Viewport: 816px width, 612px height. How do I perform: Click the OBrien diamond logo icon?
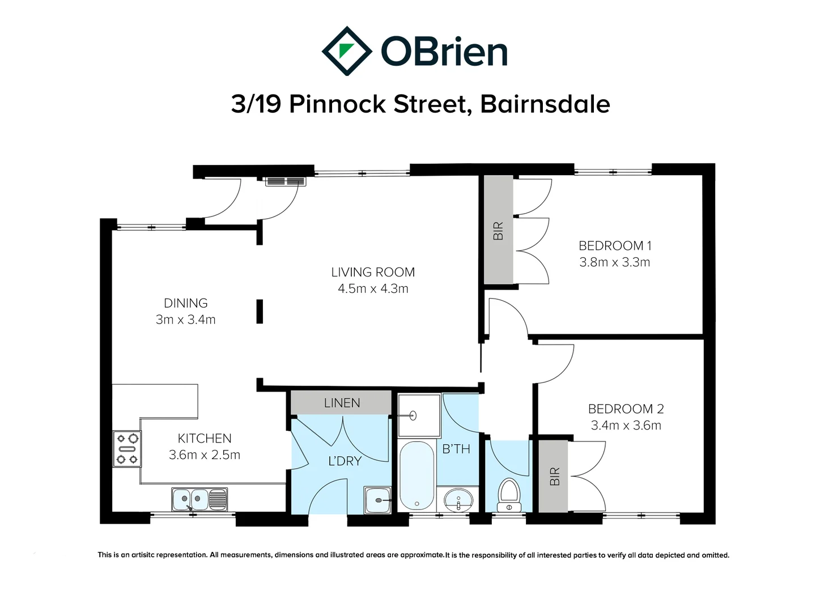[347, 51]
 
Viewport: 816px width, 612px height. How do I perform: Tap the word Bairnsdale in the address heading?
[545, 104]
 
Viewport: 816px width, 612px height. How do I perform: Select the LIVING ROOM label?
[373, 273]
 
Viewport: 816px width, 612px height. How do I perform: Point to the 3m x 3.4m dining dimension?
[186, 320]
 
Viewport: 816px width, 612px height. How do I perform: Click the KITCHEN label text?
[205, 439]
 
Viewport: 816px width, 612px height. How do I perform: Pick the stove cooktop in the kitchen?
[127, 449]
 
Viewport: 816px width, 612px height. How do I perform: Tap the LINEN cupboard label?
[342, 403]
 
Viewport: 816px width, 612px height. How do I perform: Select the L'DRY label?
[345, 461]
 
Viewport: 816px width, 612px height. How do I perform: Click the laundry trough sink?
[377, 500]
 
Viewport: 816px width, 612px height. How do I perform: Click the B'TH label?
[456, 449]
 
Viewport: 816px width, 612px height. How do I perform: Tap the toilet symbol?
[509, 495]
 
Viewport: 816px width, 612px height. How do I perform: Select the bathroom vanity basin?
[458, 500]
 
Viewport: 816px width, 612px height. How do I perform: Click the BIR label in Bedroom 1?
[498, 231]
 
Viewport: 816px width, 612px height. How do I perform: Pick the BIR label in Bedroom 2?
[554, 477]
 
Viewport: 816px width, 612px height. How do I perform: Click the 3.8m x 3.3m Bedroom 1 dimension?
[615, 262]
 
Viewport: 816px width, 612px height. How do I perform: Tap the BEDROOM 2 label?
[626, 409]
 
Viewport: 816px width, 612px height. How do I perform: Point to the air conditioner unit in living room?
[286, 181]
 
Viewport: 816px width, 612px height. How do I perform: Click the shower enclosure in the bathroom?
[419, 415]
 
